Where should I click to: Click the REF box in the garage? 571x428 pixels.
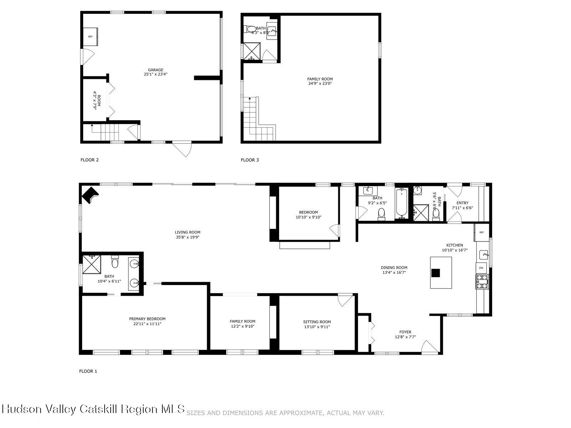point(90,37)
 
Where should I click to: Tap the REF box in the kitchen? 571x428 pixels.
point(481,232)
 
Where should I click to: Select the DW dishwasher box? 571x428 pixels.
point(481,268)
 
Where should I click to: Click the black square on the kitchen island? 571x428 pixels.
point(435,273)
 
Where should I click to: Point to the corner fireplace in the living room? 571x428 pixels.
point(89,195)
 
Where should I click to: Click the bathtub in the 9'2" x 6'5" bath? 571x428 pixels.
point(401,203)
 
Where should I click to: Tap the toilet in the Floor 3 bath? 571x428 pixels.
point(251,29)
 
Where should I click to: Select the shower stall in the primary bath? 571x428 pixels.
point(92,264)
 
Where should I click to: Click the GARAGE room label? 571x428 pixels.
point(156,70)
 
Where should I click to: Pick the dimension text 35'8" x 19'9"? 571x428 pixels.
point(188,237)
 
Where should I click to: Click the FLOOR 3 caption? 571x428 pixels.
point(250,160)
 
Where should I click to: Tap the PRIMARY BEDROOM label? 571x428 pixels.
point(147,319)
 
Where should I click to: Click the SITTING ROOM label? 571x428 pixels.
point(317,322)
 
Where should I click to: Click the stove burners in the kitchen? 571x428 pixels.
point(482,281)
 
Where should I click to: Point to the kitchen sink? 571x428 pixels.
point(483,255)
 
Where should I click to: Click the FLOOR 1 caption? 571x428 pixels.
point(88,371)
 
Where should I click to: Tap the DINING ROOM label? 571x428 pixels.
point(394,267)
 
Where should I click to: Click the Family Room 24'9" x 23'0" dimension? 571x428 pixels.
point(320,84)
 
